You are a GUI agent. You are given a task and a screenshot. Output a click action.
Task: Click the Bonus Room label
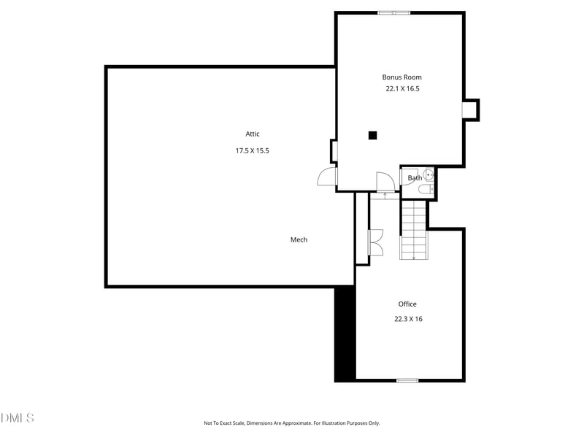pyautogui.click(x=401, y=77)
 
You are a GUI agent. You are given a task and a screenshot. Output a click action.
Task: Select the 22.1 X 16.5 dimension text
pyautogui.click(x=402, y=88)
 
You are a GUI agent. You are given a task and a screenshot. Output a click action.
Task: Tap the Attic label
pyautogui.click(x=253, y=134)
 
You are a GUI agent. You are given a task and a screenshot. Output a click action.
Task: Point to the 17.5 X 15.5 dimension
pyautogui.click(x=252, y=150)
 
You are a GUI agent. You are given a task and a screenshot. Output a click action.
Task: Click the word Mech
pyautogui.click(x=299, y=239)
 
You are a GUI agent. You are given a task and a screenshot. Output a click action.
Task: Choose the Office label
pyautogui.click(x=407, y=304)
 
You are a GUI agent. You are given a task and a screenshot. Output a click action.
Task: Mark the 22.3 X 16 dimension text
pyautogui.click(x=407, y=318)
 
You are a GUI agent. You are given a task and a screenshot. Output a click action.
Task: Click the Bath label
pyautogui.click(x=414, y=178)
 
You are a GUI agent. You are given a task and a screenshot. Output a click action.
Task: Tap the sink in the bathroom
pyautogui.click(x=430, y=176)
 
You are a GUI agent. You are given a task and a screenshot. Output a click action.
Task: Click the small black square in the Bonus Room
pyautogui.click(x=372, y=135)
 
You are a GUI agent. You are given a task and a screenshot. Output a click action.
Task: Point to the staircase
pyautogui.click(x=413, y=230)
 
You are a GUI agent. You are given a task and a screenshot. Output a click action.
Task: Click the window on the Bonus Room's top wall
pyautogui.click(x=393, y=12)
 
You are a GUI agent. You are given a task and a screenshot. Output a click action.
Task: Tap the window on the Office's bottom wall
pyautogui.click(x=407, y=380)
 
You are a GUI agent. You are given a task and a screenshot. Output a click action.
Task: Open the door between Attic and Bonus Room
pyautogui.click(x=327, y=177)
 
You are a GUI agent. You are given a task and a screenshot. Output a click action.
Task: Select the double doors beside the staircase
pyautogui.click(x=376, y=242)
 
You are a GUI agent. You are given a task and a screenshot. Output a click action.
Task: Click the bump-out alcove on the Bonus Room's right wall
pyautogui.click(x=471, y=109)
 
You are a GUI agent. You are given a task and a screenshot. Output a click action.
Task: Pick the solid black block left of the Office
pyautogui.click(x=345, y=334)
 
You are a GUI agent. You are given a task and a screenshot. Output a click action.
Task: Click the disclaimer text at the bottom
pyautogui.click(x=291, y=423)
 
